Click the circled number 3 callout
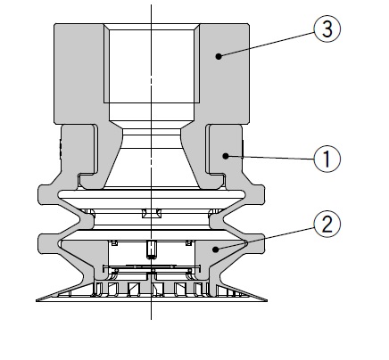point(327,29)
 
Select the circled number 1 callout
point(327,159)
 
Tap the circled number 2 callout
point(327,224)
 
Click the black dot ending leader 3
point(219,56)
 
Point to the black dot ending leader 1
point(226,156)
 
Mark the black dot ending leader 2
point(216,250)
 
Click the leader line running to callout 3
point(267,44)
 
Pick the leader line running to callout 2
point(266,238)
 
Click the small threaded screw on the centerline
point(152,250)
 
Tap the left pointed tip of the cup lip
point(37,300)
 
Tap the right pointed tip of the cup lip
point(267,300)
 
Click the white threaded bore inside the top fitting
point(152,66)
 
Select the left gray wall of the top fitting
point(79,74)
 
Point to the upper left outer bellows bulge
point(47,194)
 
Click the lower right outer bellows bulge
point(256,244)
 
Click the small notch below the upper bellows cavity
point(152,213)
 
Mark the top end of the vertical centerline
point(151,4)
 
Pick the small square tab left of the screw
point(113,243)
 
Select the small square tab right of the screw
point(188,243)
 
